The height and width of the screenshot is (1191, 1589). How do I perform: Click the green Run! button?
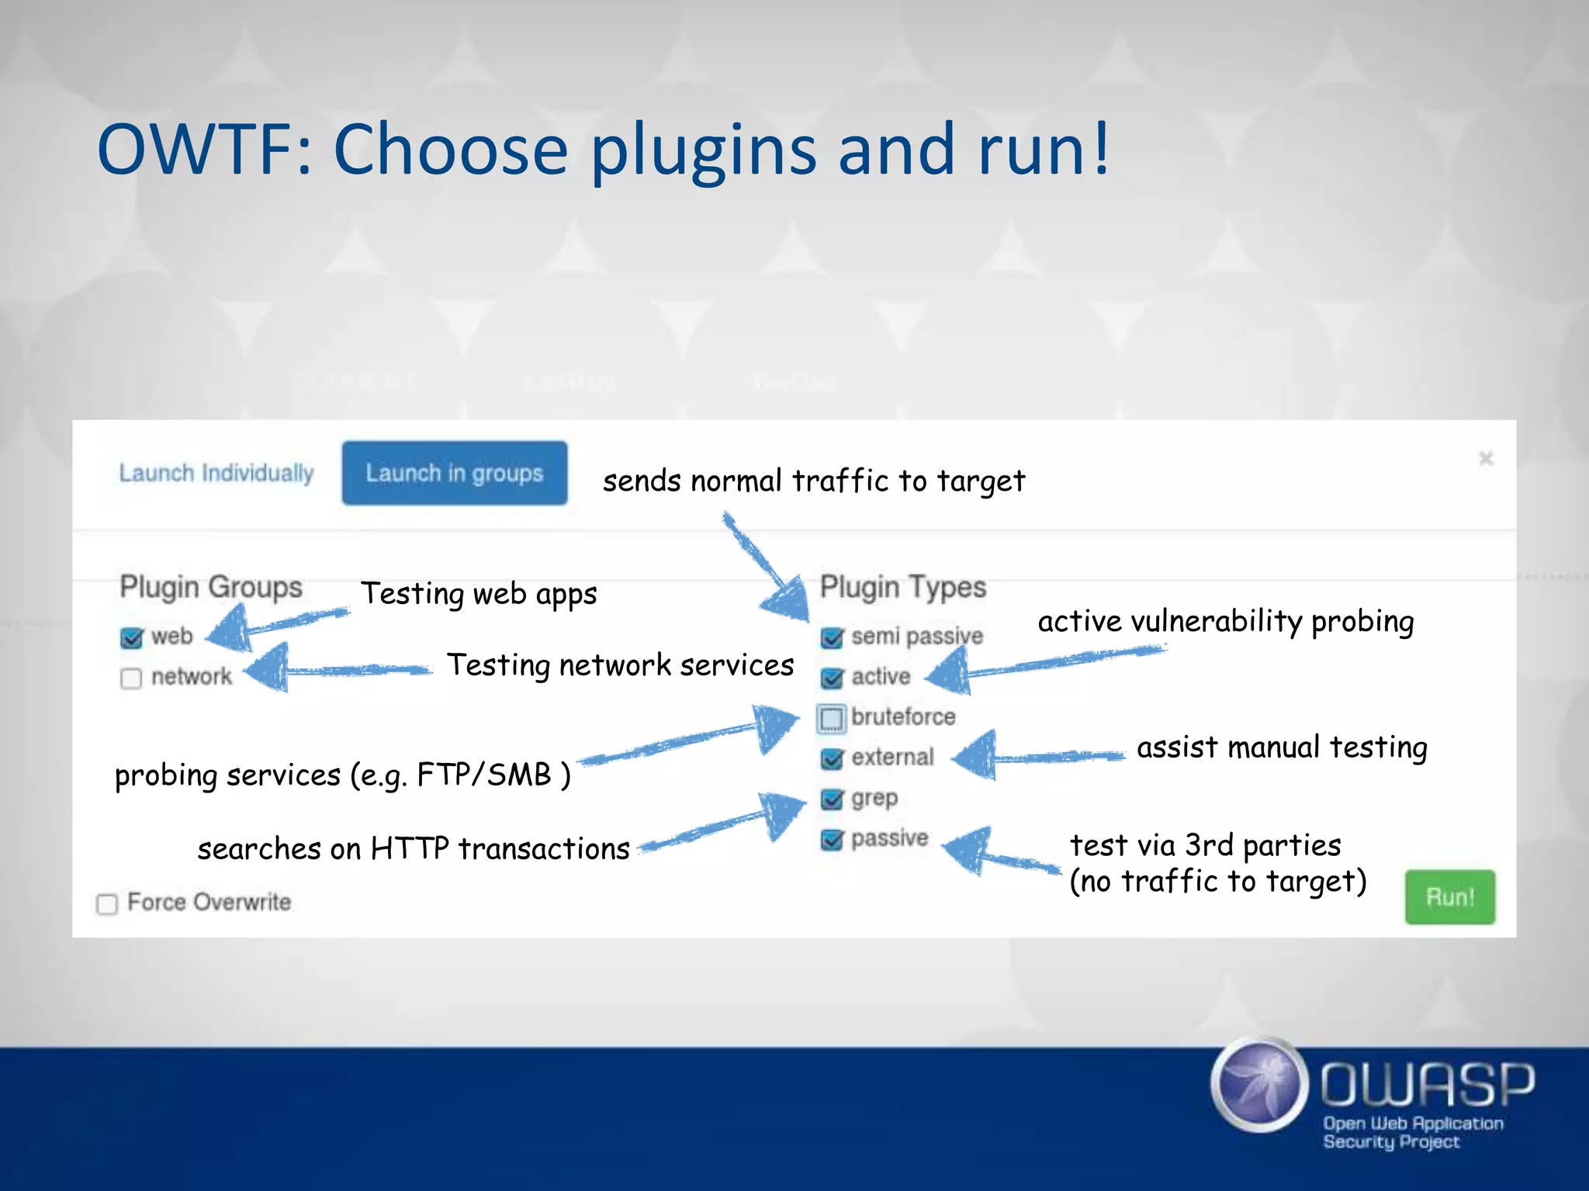click(1449, 897)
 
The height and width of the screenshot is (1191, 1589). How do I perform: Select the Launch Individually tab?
click(216, 473)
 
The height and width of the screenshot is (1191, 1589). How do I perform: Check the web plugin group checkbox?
click(132, 637)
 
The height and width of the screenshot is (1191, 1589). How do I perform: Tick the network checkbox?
click(131, 678)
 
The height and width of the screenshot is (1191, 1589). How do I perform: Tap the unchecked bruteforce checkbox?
click(831, 719)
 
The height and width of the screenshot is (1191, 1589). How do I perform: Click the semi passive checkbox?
click(832, 637)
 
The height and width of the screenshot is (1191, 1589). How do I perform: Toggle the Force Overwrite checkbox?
click(107, 904)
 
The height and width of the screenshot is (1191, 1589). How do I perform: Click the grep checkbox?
click(832, 799)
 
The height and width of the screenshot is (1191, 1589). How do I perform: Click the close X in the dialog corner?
click(1486, 459)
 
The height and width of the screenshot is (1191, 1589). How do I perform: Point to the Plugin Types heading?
click(903, 587)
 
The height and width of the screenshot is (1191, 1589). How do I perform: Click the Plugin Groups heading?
click(211, 587)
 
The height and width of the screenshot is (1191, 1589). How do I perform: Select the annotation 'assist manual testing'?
click(1282, 747)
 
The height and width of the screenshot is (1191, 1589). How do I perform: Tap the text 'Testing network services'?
click(620, 665)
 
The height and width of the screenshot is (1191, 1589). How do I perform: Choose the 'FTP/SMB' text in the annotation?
click(484, 775)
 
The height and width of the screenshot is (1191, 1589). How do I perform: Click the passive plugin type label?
click(889, 838)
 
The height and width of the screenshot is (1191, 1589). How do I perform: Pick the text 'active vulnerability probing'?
click(1226, 622)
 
